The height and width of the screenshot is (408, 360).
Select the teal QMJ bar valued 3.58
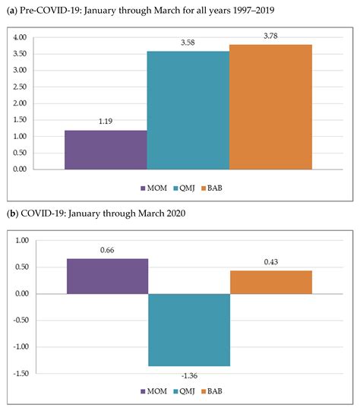(188, 109)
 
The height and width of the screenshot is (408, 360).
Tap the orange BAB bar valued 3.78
(270, 106)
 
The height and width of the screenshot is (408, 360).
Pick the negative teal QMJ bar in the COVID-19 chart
(188, 330)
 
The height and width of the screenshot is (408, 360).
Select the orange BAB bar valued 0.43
(270, 282)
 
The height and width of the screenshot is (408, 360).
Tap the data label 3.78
(270, 38)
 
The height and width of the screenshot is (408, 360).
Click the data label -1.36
(188, 375)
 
